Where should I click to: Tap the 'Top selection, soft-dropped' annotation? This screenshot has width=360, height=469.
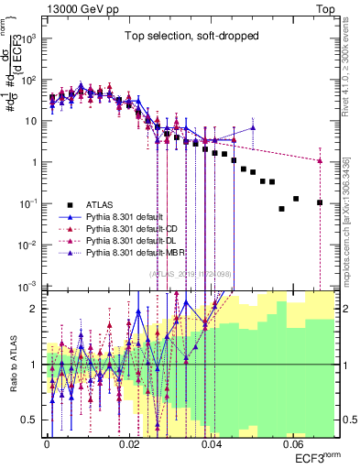pyautogui.click(x=192, y=37)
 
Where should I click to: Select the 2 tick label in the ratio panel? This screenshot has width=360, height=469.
pyautogui.click(x=38, y=309)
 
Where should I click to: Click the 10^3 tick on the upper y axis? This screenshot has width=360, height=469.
pyautogui.click(x=32, y=38)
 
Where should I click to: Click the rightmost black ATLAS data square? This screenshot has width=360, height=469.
pyautogui.click(x=320, y=202)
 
